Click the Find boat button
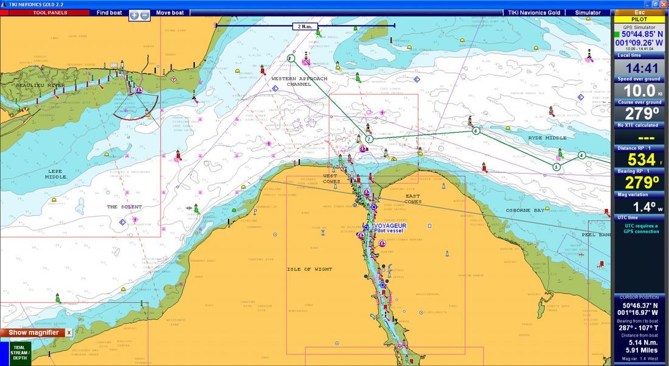[x=109, y=12]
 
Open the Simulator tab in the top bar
[x=588, y=12]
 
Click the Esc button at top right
[x=639, y=12]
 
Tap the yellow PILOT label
[x=639, y=19]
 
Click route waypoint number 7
[x=369, y=139]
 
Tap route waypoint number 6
[x=476, y=130]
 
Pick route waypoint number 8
[x=291, y=58]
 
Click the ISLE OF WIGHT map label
[x=310, y=269]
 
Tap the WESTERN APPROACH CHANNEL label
[x=299, y=82]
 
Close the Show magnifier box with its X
[x=69, y=333]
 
